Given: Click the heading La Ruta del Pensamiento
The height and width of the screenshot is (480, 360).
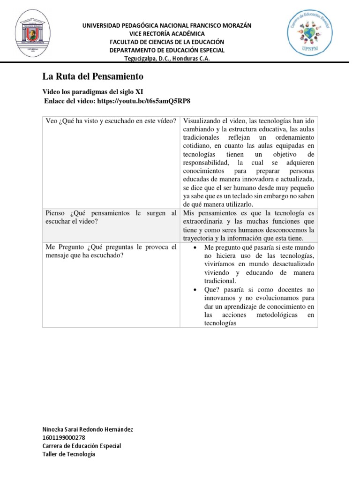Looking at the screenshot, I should pyautogui.click(x=93, y=76).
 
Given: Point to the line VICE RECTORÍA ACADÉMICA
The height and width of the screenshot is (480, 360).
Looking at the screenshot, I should pyautogui.click(x=167, y=34).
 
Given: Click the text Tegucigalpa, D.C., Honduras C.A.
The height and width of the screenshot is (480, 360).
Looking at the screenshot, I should pyautogui.click(x=167, y=58).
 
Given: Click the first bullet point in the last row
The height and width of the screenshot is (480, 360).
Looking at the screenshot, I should pyautogui.click(x=195, y=247).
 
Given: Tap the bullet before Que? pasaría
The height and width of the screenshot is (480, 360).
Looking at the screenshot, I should pyautogui.click(x=195, y=290).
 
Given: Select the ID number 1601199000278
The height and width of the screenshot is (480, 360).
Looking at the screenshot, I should pyautogui.click(x=64, y=437).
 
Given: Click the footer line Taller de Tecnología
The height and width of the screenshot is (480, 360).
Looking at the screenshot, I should pyautogui.click(x=68, y=454).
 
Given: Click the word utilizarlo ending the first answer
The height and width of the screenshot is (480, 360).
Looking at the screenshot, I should pyautogui.click(x=237, y=204).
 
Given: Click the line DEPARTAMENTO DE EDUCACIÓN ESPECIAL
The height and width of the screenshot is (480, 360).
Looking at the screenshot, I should pyautogui.click(x=167, y=50).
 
